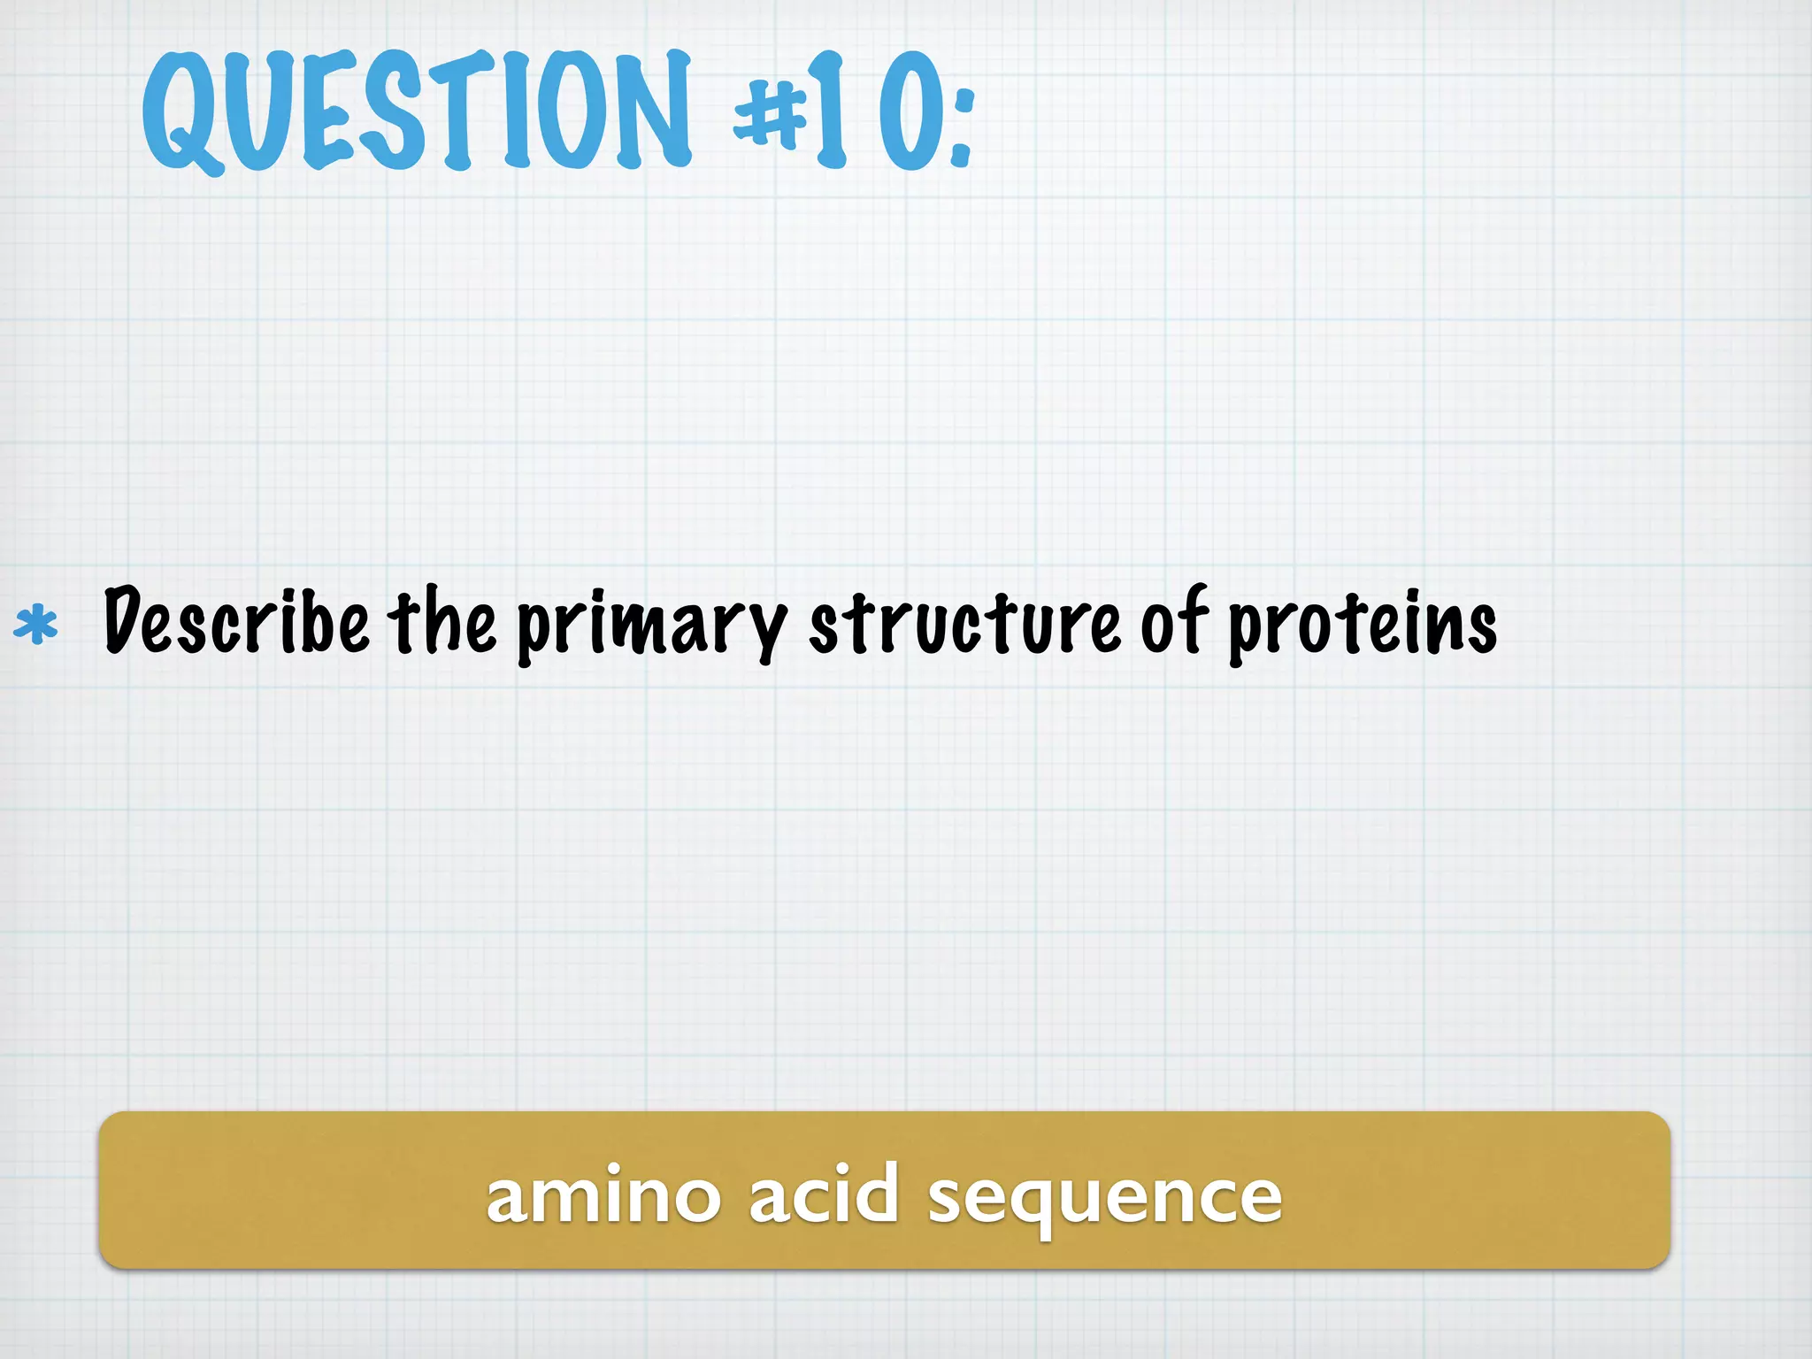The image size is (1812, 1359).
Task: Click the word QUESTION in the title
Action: click(x=416, y=111)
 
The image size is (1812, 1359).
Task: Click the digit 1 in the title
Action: click(x=830, y=111)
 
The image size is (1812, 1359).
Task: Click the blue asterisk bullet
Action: click(x=36, y=625)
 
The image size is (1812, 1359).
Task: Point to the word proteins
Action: click(x=1363, y=625)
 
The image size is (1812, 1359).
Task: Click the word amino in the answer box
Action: click(x=603, y=1196)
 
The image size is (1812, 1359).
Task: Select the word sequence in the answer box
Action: click(x=1105, y=1198)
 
